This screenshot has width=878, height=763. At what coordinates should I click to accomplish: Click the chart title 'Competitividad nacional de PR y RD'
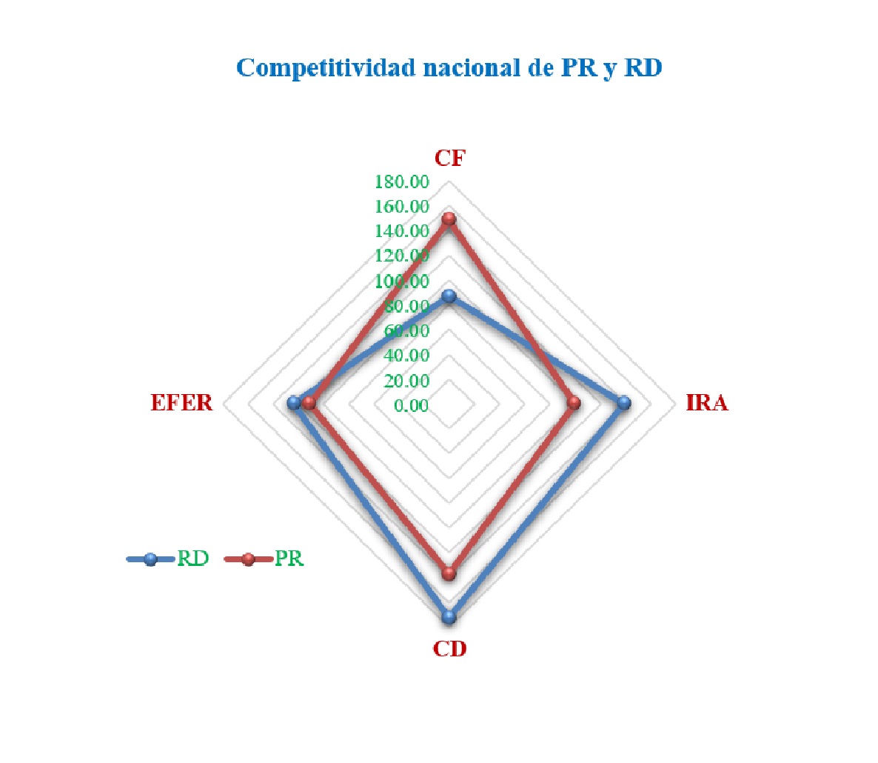coord(449,67)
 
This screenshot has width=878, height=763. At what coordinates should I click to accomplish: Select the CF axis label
coord(449,158)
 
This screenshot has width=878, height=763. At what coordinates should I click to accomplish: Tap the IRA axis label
coord(706,403)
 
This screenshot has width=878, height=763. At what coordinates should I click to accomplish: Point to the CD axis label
coord(449,649)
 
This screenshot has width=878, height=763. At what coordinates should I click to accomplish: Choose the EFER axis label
coord(181,403)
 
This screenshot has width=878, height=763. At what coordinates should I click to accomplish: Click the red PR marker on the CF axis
coord(449,219)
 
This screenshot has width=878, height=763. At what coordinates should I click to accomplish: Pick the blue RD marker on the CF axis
coord(449,296)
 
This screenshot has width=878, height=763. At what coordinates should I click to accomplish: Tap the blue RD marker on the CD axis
coord(449,616)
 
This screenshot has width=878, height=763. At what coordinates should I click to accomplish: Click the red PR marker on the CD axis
coord(449,573)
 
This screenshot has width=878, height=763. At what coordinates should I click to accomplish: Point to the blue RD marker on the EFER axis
coord(294,403)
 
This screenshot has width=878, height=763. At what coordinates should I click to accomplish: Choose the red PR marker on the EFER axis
coord(309,403)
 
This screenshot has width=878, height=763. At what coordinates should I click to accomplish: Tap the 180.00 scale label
coord(402,181)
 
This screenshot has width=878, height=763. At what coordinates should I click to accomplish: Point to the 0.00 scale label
coord(411,406)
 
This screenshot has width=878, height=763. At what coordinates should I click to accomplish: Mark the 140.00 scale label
coord(402,231)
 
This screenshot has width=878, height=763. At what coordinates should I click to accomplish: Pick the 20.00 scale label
coord(406,381)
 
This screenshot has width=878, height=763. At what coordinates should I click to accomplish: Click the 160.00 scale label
coord(402,207)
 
